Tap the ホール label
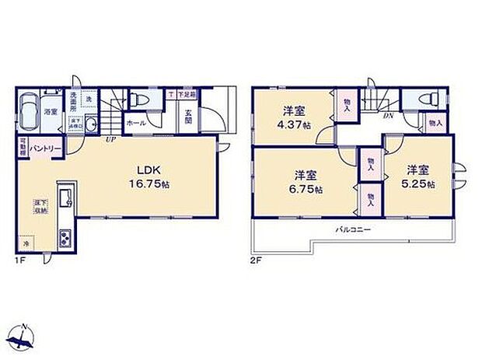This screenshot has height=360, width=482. pos(134,123)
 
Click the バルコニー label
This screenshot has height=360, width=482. pos(354,230)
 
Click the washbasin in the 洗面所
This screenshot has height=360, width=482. pos(90,124)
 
